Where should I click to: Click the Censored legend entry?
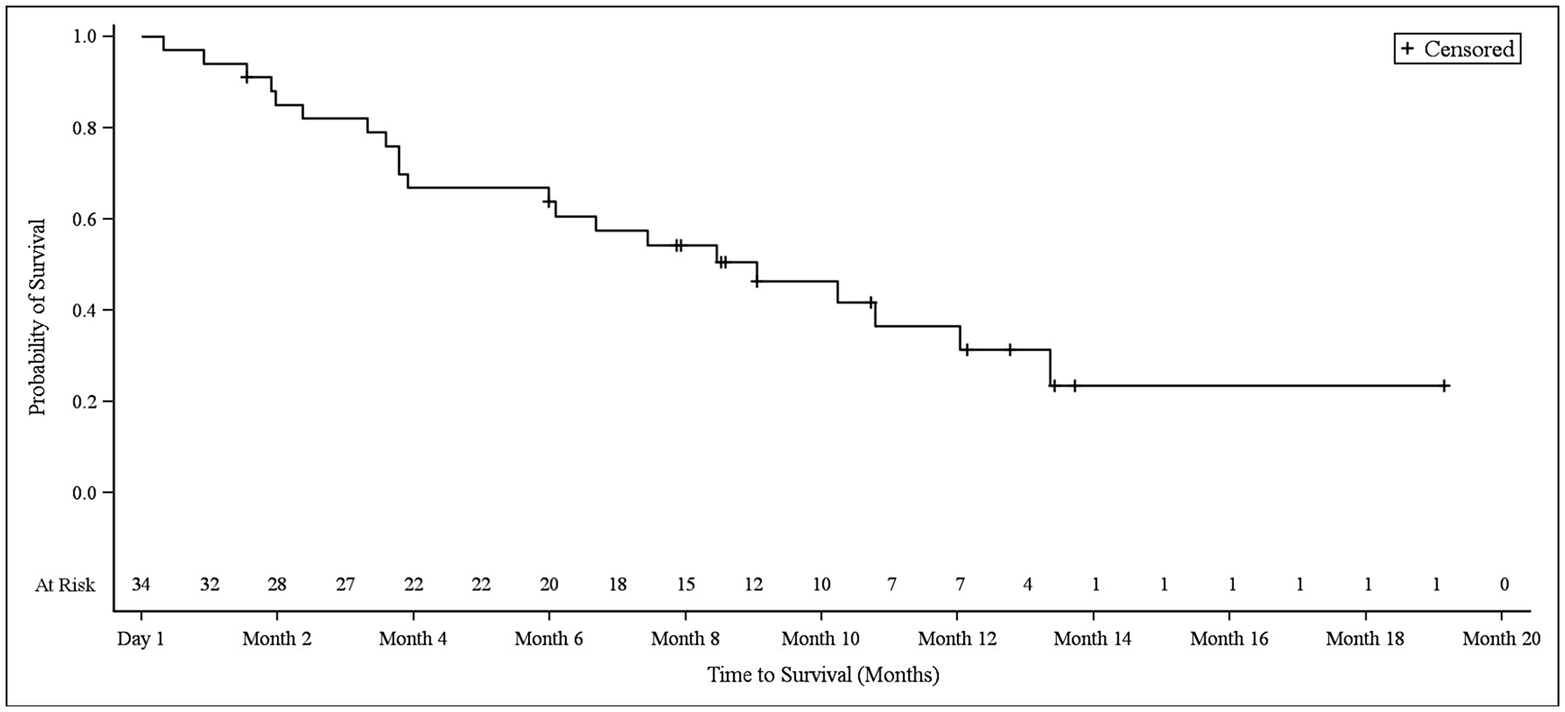coord(1457,49)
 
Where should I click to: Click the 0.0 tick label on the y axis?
coord(85,493)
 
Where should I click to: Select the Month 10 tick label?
coord(820,638)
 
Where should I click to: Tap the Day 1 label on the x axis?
coord(141,638)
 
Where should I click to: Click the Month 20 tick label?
coord(1501,638)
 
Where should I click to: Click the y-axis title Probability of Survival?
coord(38,317)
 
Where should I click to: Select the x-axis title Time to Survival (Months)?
coord(823,674)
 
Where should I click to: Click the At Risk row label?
coord(65,585)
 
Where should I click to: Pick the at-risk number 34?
coord(141,584)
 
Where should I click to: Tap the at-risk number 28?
coord(277,584)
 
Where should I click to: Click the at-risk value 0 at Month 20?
coord(1504,584)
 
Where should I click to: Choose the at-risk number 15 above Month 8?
coord(685,584)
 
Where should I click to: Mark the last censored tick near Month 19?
coord(1444,386)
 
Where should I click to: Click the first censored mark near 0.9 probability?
coord(246,77)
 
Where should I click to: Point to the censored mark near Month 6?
coord(548,202)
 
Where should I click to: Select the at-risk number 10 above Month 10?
coord(821,584)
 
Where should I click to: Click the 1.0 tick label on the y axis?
coord(85,37)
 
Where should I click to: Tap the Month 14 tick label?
coord(1092,638)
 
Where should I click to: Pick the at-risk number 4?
coord(1027,584)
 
